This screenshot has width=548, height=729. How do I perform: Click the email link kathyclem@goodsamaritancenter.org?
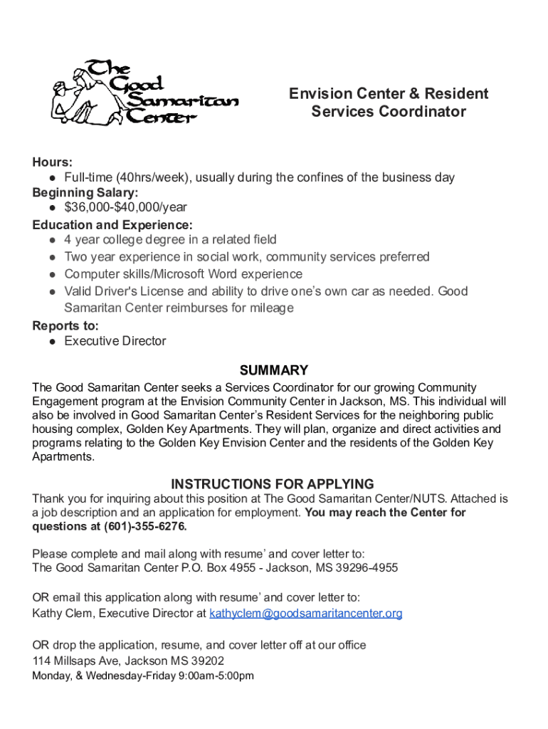(x=305, y=613)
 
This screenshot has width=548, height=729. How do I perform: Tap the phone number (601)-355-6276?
(x=145, y=527)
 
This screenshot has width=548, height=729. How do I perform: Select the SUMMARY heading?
(x=274, y=370)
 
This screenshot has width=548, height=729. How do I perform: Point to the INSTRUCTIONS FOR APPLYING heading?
(x=273, y=484)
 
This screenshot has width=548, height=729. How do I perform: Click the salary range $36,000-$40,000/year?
(x=125, y=207)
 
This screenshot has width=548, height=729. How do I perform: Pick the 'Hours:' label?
(x=52, y=162)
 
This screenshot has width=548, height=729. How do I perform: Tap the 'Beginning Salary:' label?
(x=85, y=192)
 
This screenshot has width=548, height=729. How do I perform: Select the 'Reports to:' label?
(x=65, y=325)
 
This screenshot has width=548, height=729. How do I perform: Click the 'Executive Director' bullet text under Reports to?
(x=115, y=341)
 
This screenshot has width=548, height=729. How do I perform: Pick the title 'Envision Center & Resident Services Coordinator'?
(x=389, y=103)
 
